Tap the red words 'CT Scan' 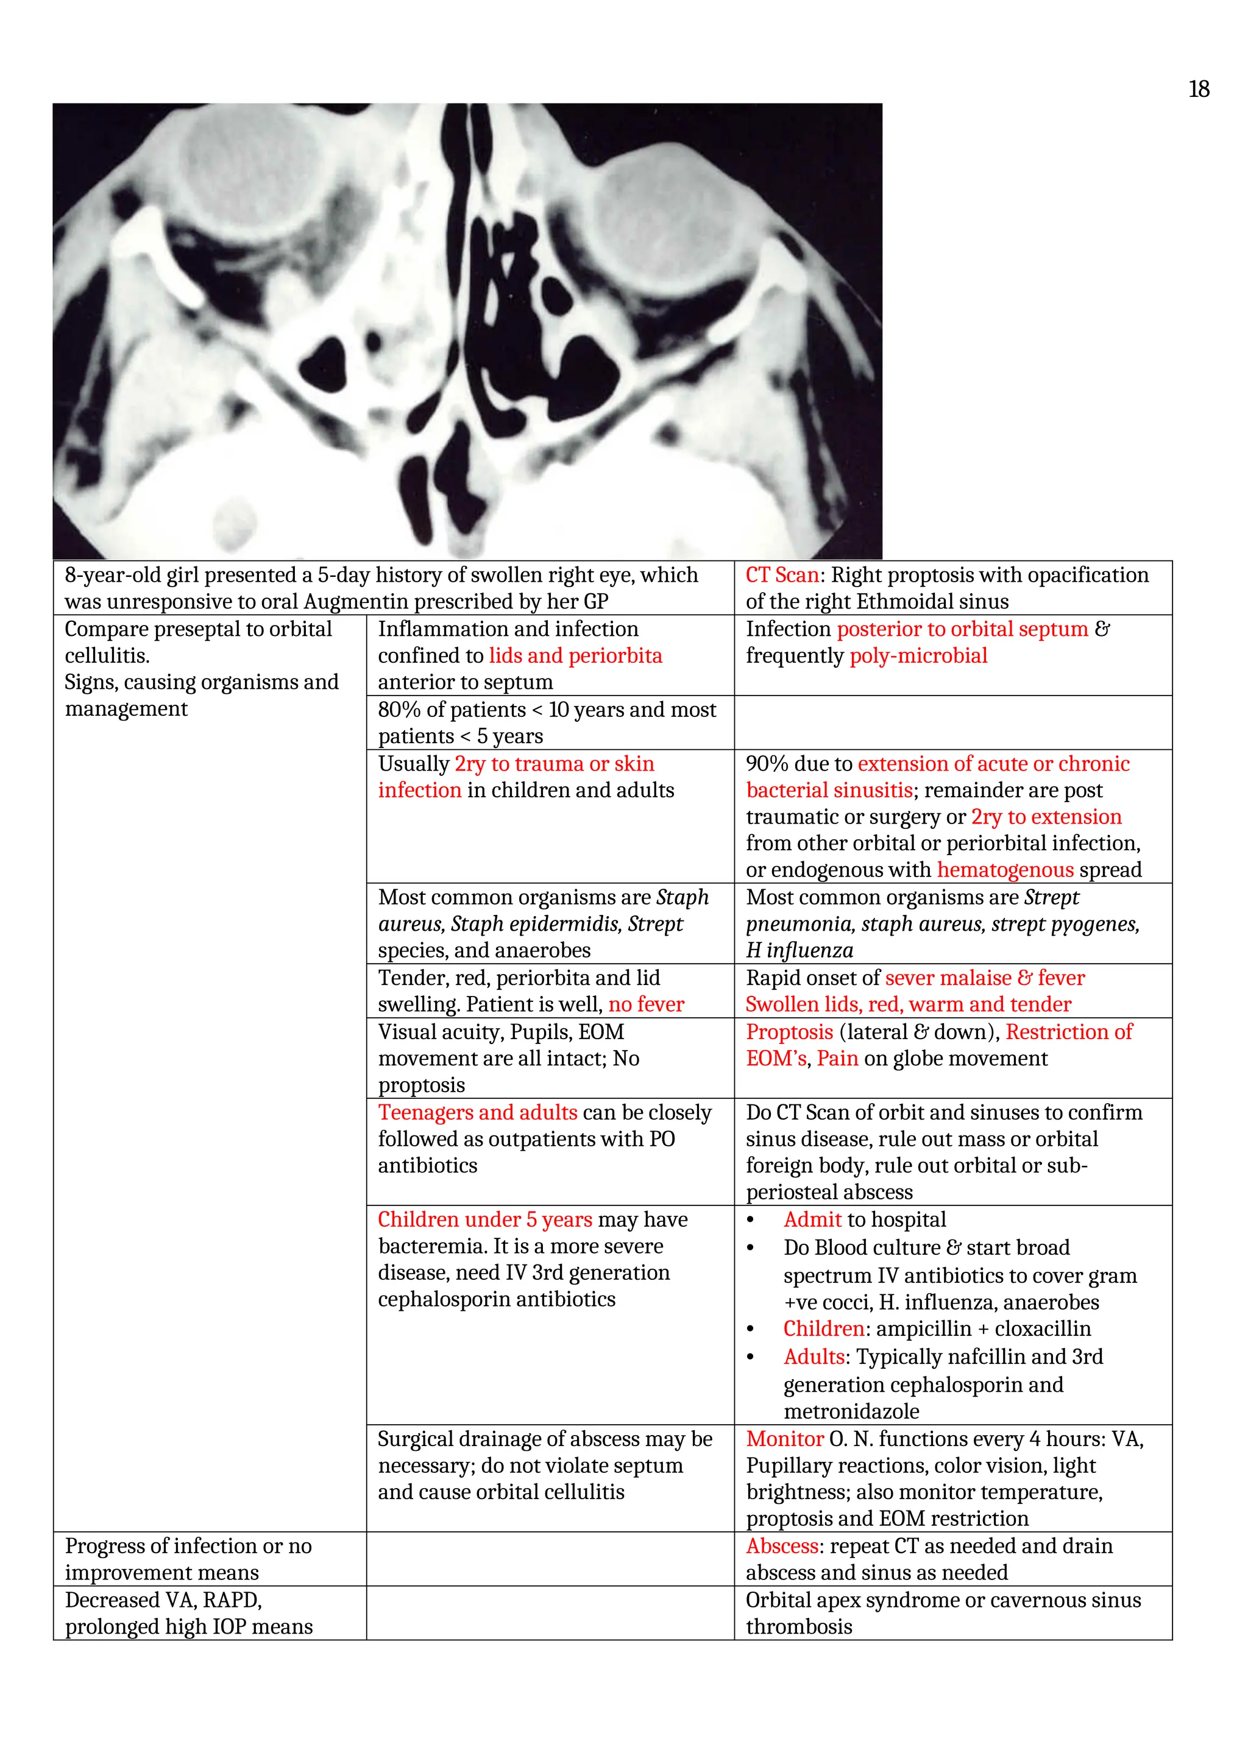coord(782,576)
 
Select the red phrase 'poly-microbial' coord(918,656)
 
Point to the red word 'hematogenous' coord(1005,870)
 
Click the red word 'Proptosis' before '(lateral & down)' coord(789,1032)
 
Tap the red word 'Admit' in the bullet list coord(813,1219)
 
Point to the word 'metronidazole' coord(851,1411)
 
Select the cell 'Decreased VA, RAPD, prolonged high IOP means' coord(189,1614)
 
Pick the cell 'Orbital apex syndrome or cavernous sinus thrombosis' coord(943,1614)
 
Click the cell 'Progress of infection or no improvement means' coord(189,1559)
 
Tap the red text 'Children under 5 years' coord(484,1219)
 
